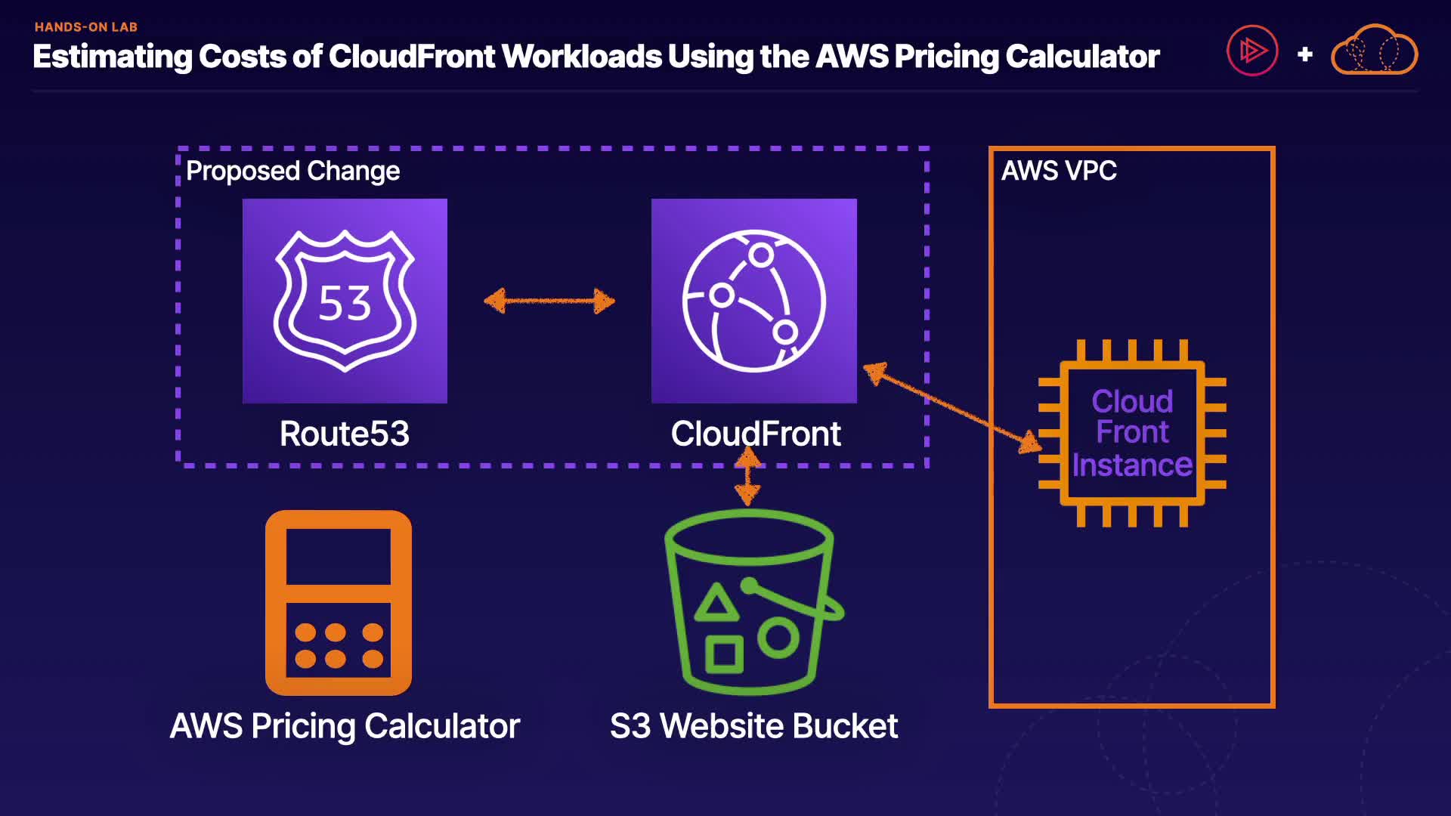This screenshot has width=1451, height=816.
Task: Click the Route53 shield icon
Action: pyautogui.click(x=345, y=301)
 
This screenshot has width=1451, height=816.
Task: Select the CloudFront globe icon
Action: pyautogui.click(x=753, y=301)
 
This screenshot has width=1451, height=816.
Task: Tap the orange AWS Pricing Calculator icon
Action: pyautogui.click(x=339, y=602)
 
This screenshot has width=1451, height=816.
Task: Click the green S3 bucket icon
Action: pyautogui.click(x=753, y=601)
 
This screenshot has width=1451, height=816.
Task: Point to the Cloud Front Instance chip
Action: pyautogui.click(x=1132, y=433)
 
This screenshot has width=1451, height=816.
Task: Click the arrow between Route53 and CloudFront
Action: pyautogui.click(x=549, y=301)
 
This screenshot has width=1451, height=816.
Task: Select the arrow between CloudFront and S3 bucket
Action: pyautogui.click(x=747, y=476)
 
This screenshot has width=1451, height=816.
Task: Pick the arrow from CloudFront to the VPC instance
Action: pyautogui.click(x=952, y=408)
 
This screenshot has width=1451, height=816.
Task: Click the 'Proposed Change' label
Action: pyautogui.click(x=292, y=172)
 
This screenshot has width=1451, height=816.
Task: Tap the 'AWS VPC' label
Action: pyautogui.click(x=1059, y=171)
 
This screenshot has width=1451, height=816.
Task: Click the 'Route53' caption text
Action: pyautogui.click(x=345, y=434)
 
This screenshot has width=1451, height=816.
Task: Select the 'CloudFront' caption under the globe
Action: pyautogui.click(x=756, y=434)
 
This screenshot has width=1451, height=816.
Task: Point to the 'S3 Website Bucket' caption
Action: pyautogui.click(x=753, y=726)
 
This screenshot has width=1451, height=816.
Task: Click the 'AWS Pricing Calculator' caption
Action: pyautogui.click(x=345, y=726)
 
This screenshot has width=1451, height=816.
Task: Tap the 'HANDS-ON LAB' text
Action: pyautogui.click(x=86, y=27)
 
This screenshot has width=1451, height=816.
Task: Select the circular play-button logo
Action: pyautogui.click(x=1252, y=51)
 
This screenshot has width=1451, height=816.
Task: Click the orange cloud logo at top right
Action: pyautogui.click(x=1374, y=51)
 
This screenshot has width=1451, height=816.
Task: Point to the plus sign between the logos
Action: pyautogui.click(x=1304, y=54)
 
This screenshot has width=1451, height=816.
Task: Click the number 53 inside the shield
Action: pyautogui.click(x=345, y=304)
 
